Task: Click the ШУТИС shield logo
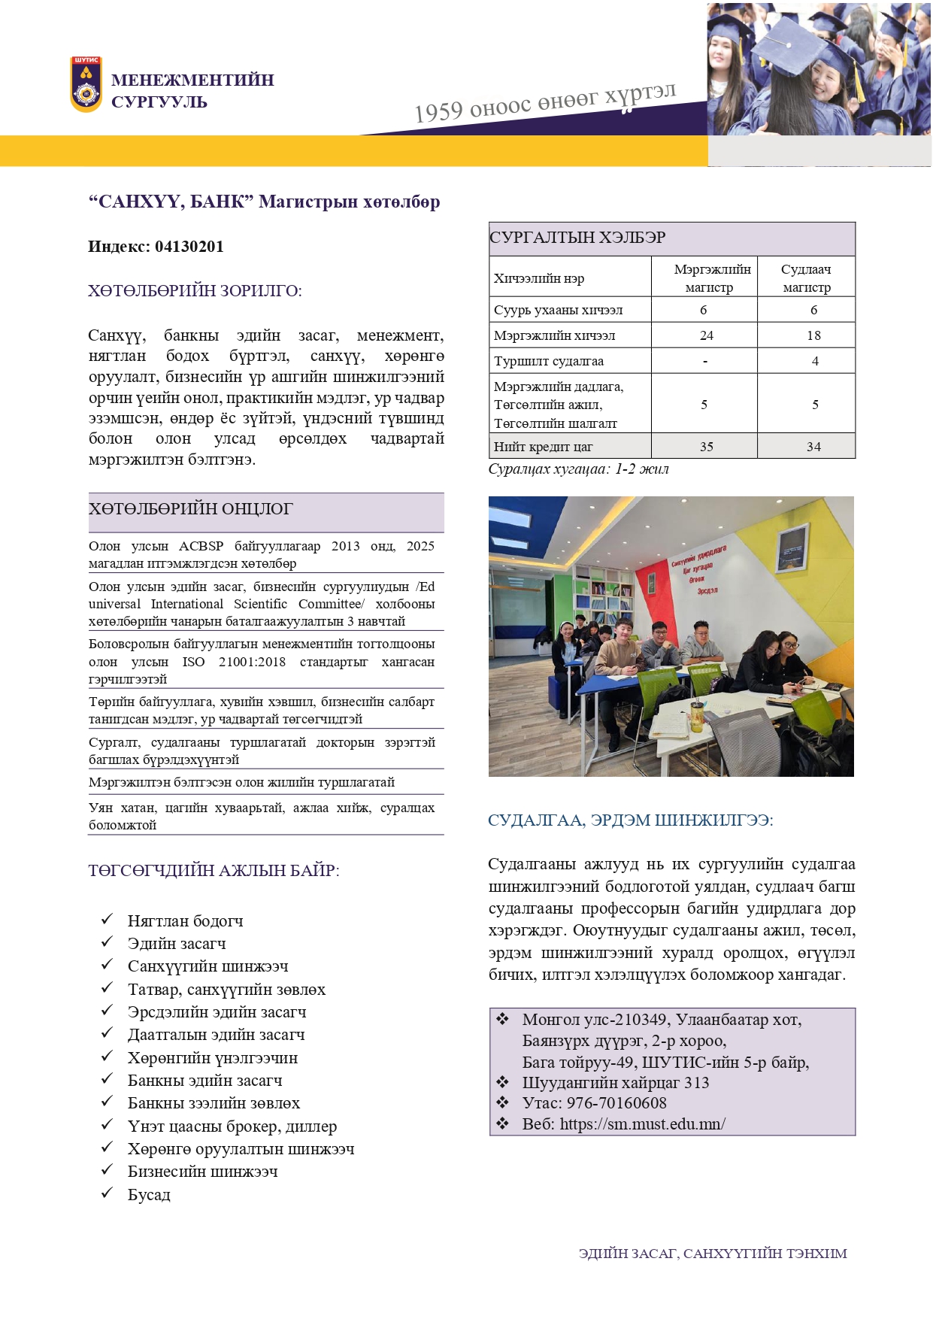(86, 84)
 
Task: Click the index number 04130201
(189, 247)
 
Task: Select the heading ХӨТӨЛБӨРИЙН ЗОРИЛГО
(195, 291)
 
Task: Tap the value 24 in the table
(706, 335)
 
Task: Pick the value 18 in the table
(813, 335)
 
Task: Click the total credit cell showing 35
(706, 447)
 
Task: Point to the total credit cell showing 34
(813, 447)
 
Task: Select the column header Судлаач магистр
(806, 277)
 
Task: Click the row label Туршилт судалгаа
(549, 361)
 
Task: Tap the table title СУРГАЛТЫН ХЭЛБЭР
(577, 238)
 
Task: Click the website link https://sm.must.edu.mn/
(642, 1124)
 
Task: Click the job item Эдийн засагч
(177, 944)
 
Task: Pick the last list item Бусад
(149, 1195)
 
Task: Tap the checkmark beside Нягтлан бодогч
(108, 920)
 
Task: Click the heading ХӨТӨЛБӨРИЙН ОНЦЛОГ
(190, 509)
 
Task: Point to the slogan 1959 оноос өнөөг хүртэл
(545, 103)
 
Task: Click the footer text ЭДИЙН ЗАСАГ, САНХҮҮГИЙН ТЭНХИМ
(713, 1254)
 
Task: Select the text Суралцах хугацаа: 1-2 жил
(578, 469)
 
